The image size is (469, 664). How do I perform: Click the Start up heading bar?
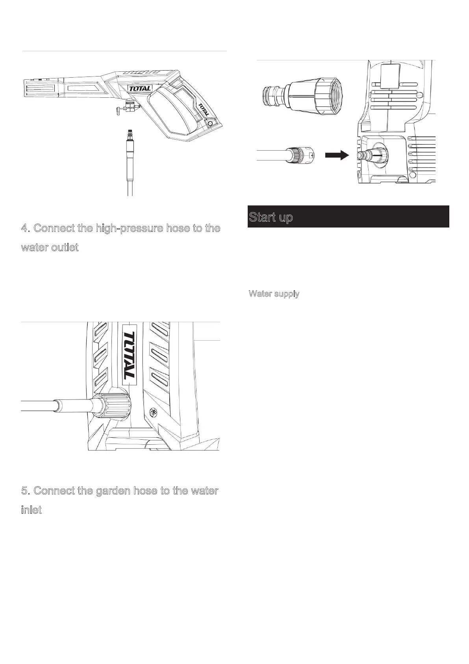[348, 216]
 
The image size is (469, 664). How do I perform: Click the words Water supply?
[274, 294]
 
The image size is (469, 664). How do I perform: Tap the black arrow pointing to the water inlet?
[337, 155]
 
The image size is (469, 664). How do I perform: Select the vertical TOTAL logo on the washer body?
[130, 354]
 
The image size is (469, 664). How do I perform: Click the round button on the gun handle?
[209, 123]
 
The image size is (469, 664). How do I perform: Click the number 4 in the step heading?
[25, 228]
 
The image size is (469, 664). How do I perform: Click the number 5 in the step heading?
[25, 491]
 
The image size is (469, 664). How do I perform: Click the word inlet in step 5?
[31, 510]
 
